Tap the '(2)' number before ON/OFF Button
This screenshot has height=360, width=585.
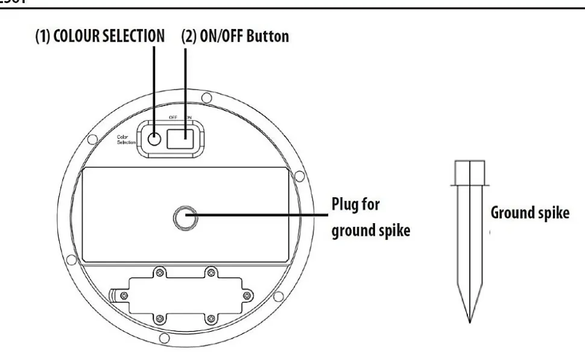[189, 36]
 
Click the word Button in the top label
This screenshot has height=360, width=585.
[268, 36]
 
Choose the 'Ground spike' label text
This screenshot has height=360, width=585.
[529, 213]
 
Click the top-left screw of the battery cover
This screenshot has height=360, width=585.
[160, 272]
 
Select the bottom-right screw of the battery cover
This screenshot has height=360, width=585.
[210, 318]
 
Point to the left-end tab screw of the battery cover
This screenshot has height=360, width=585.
[124, 295]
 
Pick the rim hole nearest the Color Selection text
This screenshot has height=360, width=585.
[91, 140]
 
